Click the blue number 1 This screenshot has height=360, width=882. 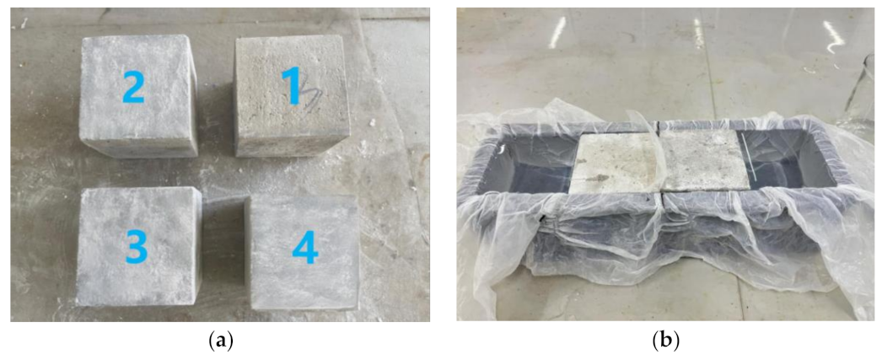pos(292,88)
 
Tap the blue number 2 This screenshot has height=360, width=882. pos(135,87)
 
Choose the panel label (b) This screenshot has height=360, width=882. pos(665,341)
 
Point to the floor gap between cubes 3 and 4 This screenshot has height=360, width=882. pos(224,253)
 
